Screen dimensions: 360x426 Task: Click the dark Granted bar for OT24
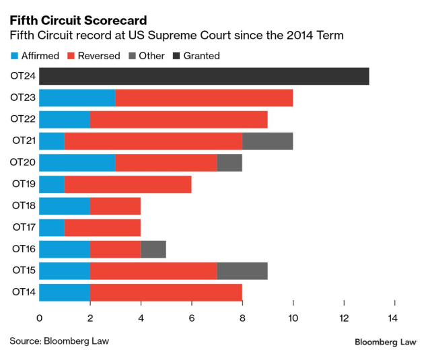(x=204, y=76)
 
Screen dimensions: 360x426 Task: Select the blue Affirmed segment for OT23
(x=77, y=98)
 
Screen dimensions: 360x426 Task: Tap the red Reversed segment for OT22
(x=178, y=120)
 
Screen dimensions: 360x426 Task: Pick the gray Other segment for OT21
(x=267, y=141)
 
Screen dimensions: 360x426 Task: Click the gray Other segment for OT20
(x=229, y=163)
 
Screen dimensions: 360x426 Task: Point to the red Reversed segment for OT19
(x=128, y=184)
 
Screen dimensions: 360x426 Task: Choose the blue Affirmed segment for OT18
(x=65, y=206)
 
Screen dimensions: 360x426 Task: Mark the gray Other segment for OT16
(x=153, y=249)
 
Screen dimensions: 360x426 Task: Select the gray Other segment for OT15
(x=242, y=271)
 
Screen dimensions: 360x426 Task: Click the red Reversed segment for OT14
(x=166, y=292)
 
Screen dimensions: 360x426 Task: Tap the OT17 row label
(x=22, y=227)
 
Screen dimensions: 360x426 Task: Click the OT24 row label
(x=22, y=76)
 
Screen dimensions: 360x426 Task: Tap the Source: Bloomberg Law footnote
(x=59, y=341)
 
